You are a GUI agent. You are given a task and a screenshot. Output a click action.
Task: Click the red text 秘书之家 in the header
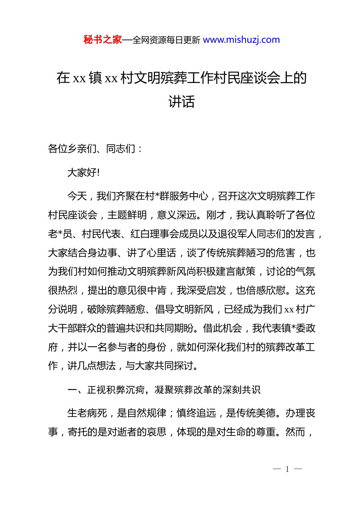coord(103,40)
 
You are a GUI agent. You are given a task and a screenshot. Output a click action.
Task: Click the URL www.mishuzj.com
coord(241,40)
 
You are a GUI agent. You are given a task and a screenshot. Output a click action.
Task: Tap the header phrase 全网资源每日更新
coord(166,40)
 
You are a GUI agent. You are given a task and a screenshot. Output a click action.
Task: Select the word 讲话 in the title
coord(182,101)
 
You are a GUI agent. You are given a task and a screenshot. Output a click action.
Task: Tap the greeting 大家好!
coord(83,173)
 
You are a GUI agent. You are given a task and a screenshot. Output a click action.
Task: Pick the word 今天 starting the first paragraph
coord(77,196)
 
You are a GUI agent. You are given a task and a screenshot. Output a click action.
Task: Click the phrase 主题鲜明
coord(127,215)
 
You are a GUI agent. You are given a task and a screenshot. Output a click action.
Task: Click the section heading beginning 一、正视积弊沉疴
coord(164,390)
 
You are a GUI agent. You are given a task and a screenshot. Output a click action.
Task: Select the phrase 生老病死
coord(87,413)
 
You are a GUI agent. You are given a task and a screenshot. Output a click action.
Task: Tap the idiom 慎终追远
coord(196,413)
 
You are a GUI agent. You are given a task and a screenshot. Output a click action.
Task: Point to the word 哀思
coord(157,432)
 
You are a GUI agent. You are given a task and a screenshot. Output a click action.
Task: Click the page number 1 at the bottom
coord(287,469)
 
